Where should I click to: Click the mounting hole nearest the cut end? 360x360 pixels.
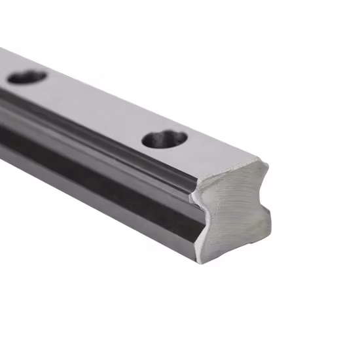[164, 139]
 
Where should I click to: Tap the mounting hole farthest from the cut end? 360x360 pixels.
[27, 77]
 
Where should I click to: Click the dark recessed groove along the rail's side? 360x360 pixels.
[98, 177]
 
